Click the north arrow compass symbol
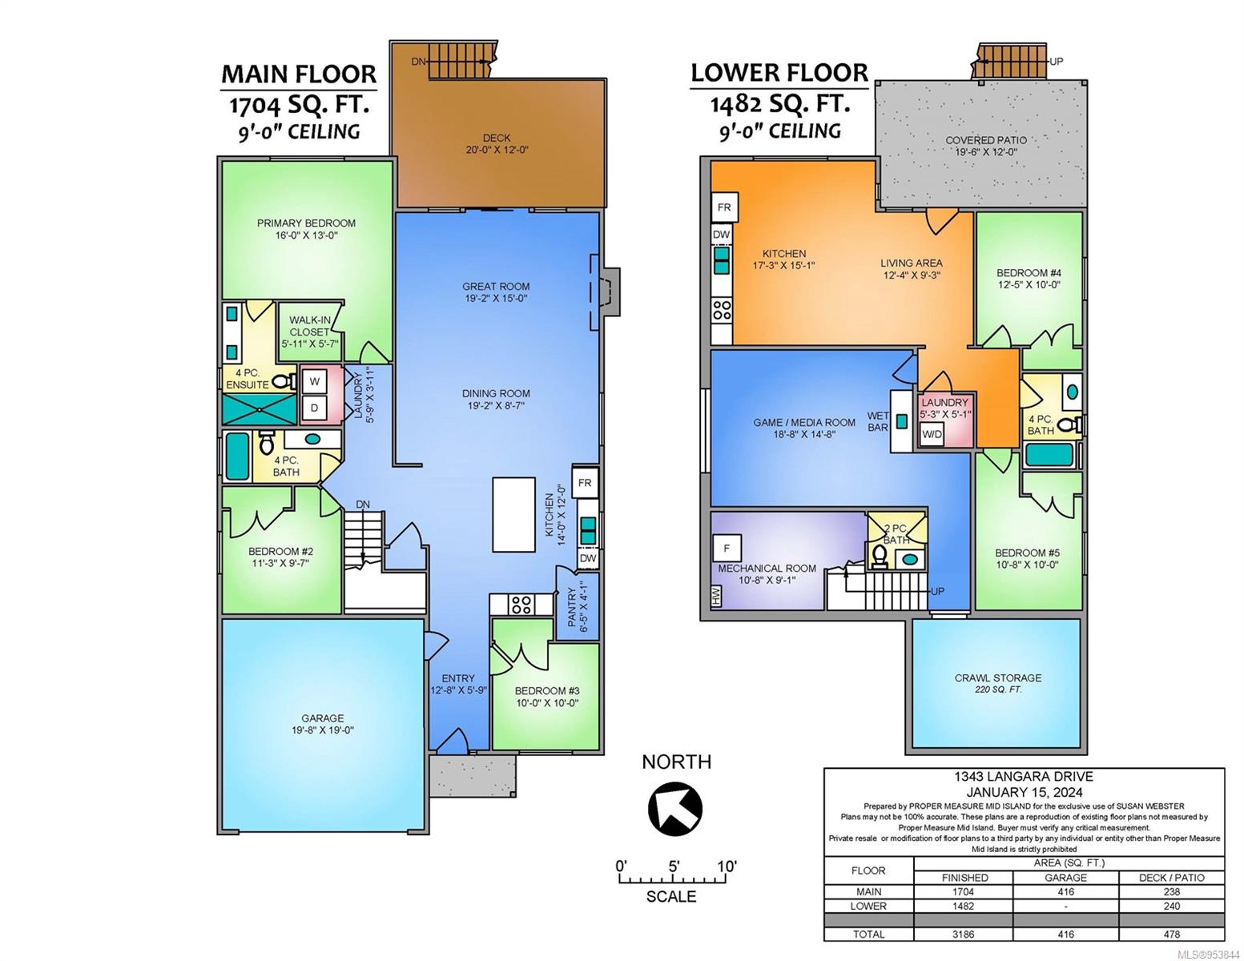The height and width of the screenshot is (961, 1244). [675, 807]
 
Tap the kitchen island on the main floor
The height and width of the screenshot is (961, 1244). [513, 514]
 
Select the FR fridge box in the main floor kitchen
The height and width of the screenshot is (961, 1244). [585, 483]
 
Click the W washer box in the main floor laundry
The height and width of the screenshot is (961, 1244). [314, 380]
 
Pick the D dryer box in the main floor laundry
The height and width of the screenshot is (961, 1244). [314, 408]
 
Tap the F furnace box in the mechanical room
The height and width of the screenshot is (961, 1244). [727, 548]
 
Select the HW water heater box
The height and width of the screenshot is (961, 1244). [716, 596]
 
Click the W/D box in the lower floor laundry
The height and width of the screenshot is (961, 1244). [932, 434]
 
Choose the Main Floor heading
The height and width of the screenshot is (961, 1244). [299, 74]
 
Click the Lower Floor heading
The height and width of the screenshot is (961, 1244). [779, 73]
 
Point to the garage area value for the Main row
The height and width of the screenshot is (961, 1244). [1065, 891]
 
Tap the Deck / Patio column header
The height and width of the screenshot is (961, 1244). [1171, 878]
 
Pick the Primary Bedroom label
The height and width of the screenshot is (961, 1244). [306, 223]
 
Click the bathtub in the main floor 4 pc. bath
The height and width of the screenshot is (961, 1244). [238, 456]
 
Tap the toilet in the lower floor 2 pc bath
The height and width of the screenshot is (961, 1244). [879, 557]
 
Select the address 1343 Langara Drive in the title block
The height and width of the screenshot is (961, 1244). [1024, 777]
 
